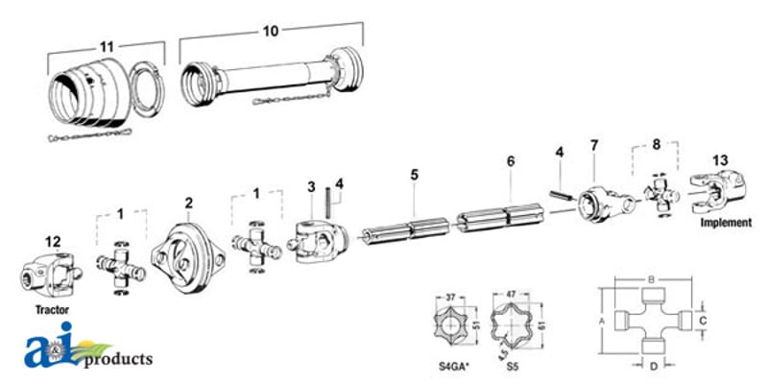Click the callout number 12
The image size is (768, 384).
point(53,242)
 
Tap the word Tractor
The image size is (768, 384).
point(52,309)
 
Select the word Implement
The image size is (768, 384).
point(726,223)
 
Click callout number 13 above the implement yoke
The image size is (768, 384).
point(720,160)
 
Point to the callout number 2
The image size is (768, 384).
point(188,203)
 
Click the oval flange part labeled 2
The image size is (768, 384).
point(188,257)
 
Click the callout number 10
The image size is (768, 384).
point(271,31)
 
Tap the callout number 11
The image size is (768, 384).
point(107,47)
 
